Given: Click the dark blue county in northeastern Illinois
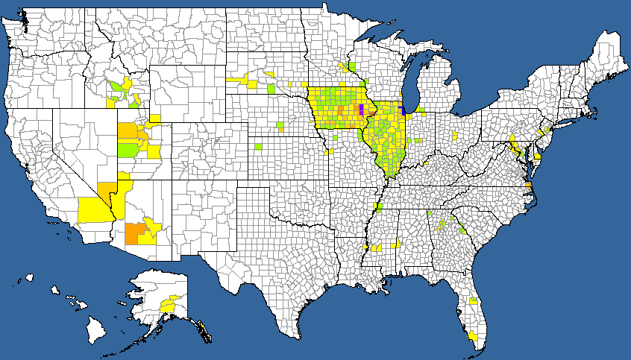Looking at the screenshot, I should coord(402,110).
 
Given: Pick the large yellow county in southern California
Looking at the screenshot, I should coord(93,208).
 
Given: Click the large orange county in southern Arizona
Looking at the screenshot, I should coord(136,233).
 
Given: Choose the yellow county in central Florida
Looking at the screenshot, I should coord(473,301).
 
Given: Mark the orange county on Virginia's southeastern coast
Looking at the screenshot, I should coord(528,186).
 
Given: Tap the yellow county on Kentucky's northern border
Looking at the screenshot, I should coord(425,161).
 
